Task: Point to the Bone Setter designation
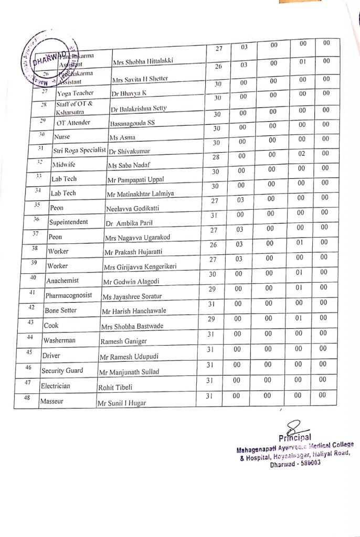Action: click(60, 310)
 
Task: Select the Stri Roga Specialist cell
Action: click(78, 151)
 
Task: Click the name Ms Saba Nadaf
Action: click(124, 166)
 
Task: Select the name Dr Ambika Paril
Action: click(128, 223)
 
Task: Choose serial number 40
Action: click(33, 277)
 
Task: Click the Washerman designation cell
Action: click(59, 340)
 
